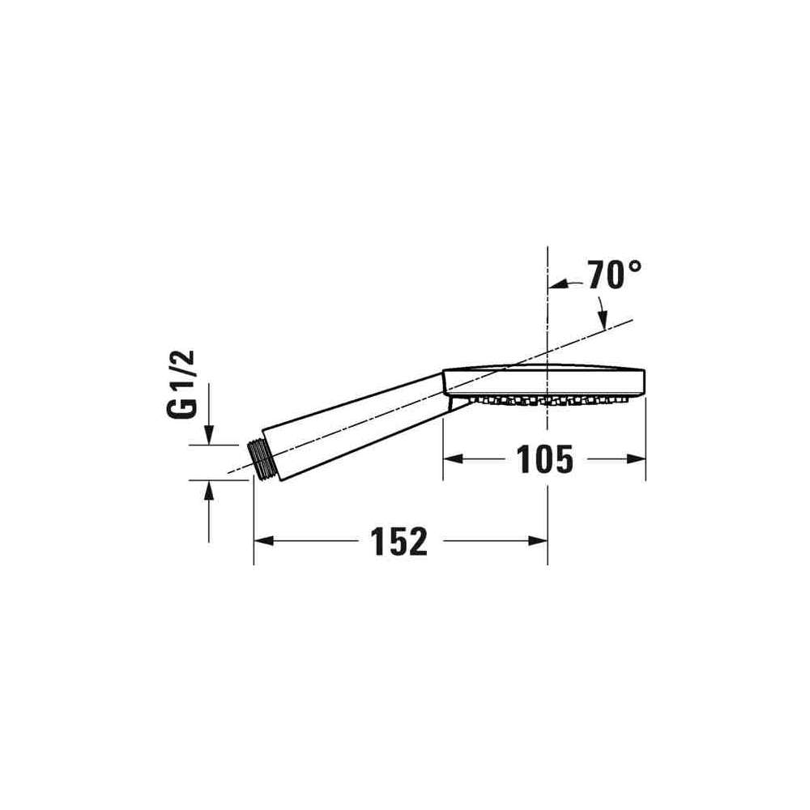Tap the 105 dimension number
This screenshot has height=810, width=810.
pyautogui.click(x=544, y=459)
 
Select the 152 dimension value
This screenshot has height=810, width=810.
pyautogui.click(x=399, y=541)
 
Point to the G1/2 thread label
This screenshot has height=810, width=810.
pyautogui.click(x=181, y=384)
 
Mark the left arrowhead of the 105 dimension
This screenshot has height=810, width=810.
pyautogui.click(x=453, y=458)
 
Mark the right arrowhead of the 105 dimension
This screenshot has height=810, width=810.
pyautogui.click(x=636, y=458)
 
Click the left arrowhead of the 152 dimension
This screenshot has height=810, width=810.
pyautogui.click(x=263, y=541)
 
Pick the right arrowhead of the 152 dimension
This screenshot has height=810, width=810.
pyautogui.click(x=538, y=541)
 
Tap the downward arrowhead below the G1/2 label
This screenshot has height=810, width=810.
pyautogui.click(x=209, y=434)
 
